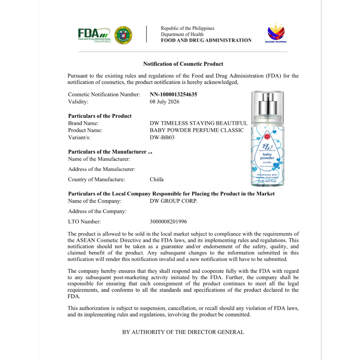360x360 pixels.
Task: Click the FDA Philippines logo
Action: coord(94,35)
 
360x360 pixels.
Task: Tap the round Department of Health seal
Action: coord(123,35)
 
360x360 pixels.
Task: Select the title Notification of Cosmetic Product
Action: coord(183,64)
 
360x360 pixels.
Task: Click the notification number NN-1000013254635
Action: coord(173,95)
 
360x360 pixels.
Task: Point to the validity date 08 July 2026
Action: coord(164,102)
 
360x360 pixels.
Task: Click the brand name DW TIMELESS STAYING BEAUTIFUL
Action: coord(198,123)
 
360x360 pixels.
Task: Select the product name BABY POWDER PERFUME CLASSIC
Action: coord(197,130)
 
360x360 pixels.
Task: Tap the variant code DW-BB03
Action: coord(162,137)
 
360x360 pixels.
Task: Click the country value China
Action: coord(156,180)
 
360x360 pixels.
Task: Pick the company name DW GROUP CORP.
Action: coord(174,201)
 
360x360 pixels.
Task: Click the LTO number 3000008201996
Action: coord(168,222)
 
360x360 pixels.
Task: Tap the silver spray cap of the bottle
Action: coord(268,104)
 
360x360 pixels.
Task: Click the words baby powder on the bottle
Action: coord(267,156)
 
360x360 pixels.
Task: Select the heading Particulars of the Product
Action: coord(100,116)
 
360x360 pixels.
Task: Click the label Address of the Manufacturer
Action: coord(102,169)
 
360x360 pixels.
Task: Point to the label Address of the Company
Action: coord(97,212)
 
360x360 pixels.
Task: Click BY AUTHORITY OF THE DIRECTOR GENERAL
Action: coord(183,332)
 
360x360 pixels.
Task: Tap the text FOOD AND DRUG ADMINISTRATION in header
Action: coord(206,40)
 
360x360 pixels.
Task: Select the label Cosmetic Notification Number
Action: coord(104,95)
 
